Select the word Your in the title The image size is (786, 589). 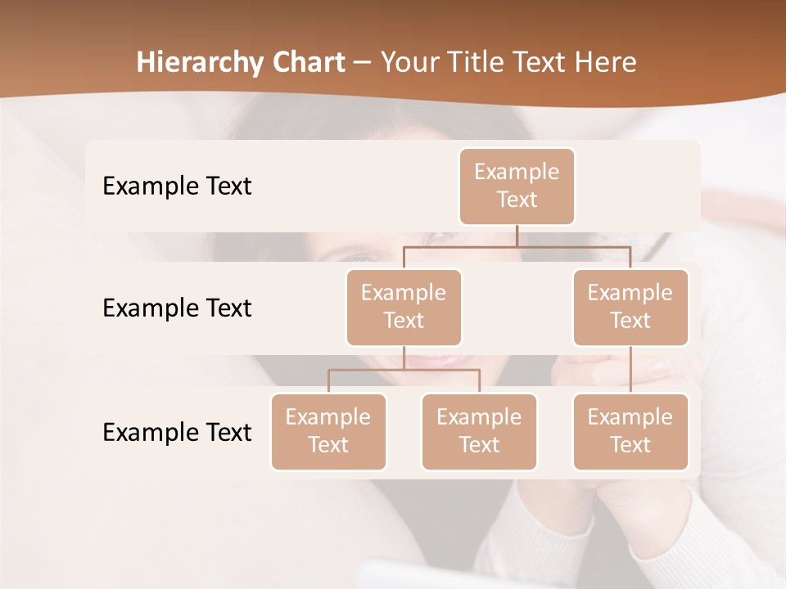(409, 63)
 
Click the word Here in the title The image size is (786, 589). (606, 63)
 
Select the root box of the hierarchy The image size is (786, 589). (517, 187)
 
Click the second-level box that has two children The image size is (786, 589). (404, 308)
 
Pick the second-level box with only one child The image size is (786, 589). (630, 308)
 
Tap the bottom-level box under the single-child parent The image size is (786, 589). (630, 432)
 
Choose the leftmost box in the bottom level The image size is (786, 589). (328, 432)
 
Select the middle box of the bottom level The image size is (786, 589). (479, 432)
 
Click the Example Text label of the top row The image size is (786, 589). (177, 187)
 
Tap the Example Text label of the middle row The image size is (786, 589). (177, 308)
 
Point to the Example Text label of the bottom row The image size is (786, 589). (177, 433)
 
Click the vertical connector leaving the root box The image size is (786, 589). (517, 236)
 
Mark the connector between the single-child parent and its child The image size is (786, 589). (630, 370)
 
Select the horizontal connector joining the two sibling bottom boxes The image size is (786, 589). (404, 370)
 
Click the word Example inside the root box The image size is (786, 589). (517, 173)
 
